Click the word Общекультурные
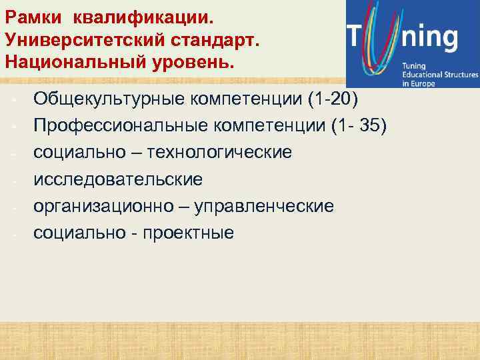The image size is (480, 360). point(109,99)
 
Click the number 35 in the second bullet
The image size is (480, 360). point(370,126)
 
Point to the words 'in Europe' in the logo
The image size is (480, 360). point(417,84)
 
